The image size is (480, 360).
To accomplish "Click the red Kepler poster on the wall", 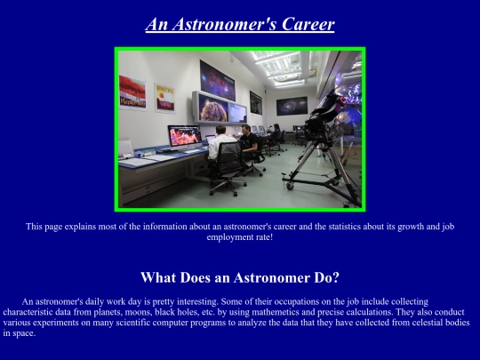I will tap(132, 93).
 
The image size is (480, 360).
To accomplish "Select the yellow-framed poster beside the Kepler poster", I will tap(164, 97).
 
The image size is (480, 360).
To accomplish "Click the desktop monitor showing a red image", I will tap(183, 135).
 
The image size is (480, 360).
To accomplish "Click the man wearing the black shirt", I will tap(248, 140).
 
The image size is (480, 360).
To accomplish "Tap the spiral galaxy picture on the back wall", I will tap(291, 106).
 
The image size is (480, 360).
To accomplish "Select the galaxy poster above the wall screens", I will tap(221, 74).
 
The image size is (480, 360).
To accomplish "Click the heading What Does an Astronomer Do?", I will tap(240, 277).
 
